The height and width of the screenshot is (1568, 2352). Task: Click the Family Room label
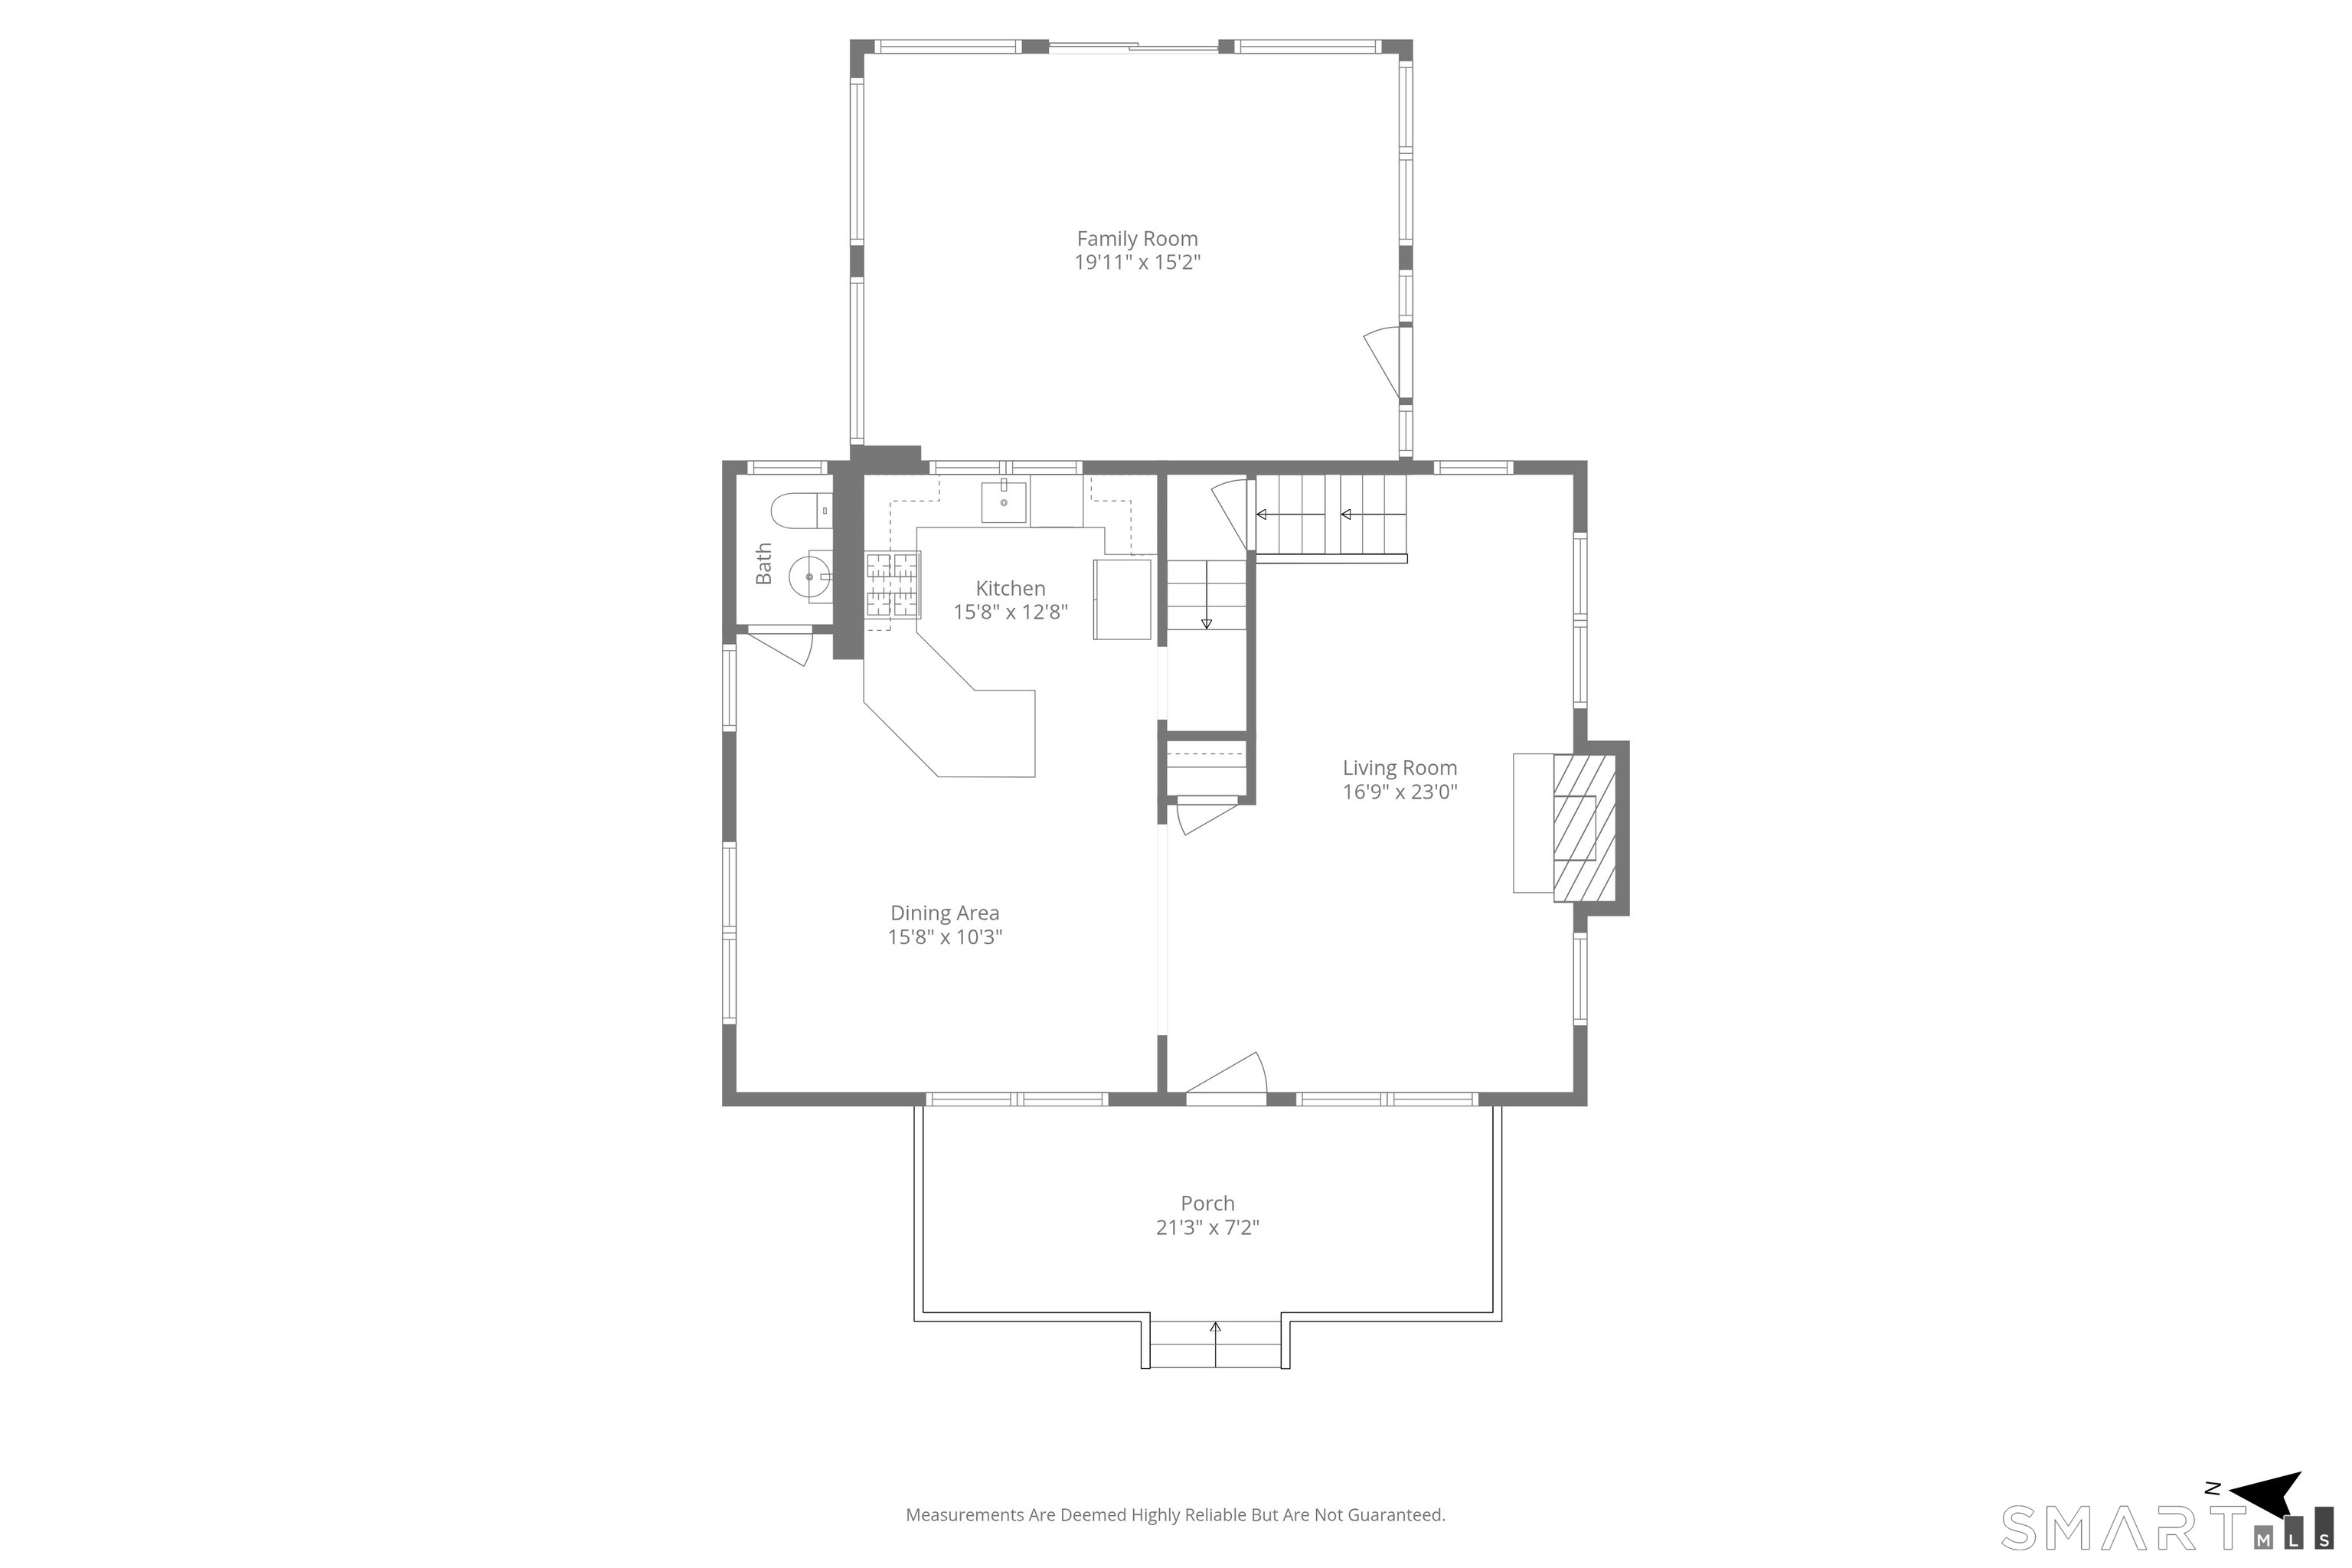coord(1137,239)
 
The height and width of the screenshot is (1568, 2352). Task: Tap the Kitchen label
coord(1010,589)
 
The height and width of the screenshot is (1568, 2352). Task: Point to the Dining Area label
coord(945,913)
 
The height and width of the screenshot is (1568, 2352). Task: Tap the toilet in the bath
coord(801,511)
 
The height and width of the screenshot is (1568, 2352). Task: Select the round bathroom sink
coord(810,577)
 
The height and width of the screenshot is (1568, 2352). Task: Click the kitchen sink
coord(1003,502)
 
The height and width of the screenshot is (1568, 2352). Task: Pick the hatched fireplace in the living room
coord(1585,828)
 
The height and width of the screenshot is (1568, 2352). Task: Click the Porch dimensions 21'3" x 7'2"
coord(1207,1228)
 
